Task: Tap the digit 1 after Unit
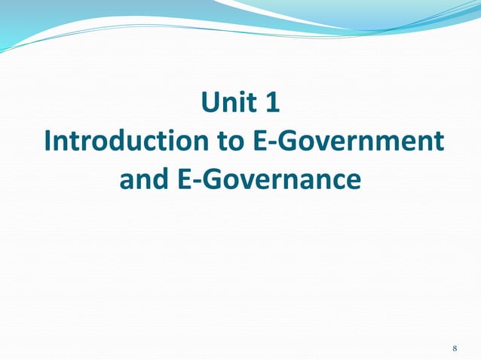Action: tap(272, 103)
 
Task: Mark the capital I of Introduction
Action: tap(48, 142)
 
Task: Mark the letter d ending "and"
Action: tap(161, 180)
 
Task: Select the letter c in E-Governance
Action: tap(332, 182)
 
